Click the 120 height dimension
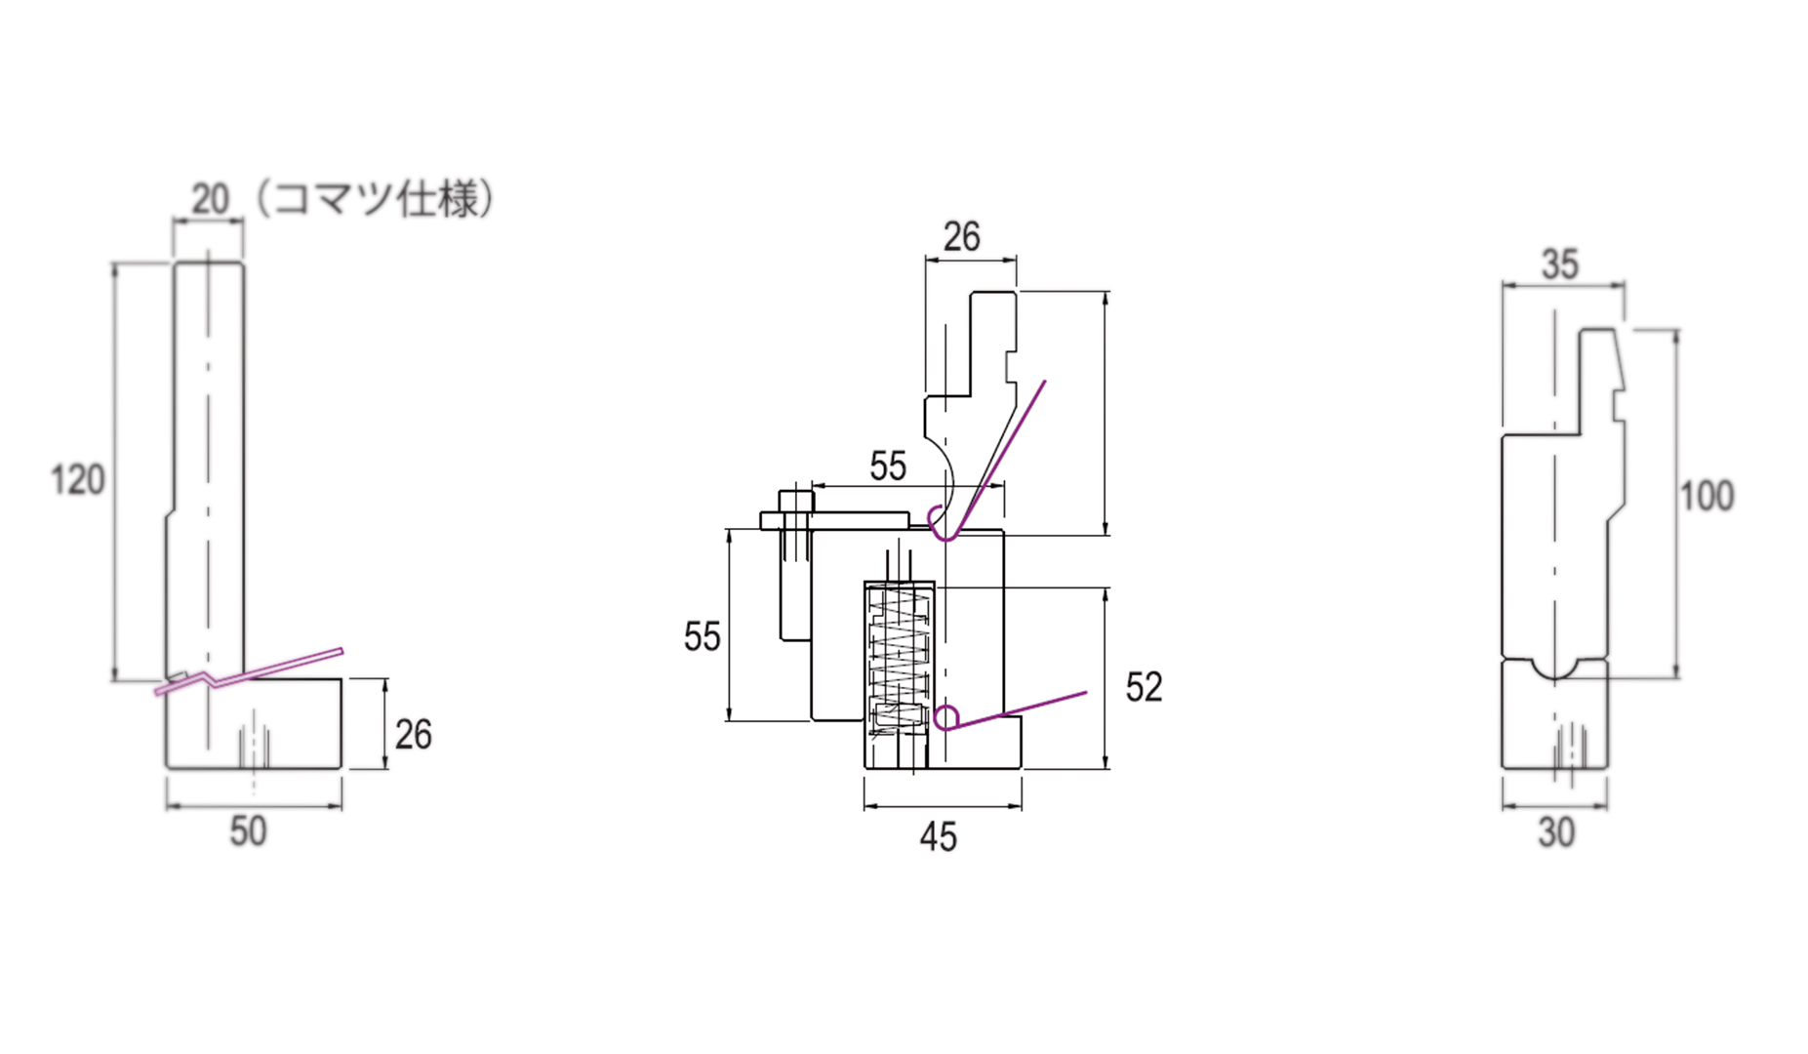(77, 480)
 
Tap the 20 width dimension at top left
(210, 199)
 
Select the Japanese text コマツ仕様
(376, 199)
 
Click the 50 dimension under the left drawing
(248, 831)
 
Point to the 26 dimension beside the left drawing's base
(413, 735)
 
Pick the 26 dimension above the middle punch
(961, 237)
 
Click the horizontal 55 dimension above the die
(888, 466)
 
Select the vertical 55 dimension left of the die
(702, 637)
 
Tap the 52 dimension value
(1144, 688)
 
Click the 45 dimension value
(939, 837)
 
